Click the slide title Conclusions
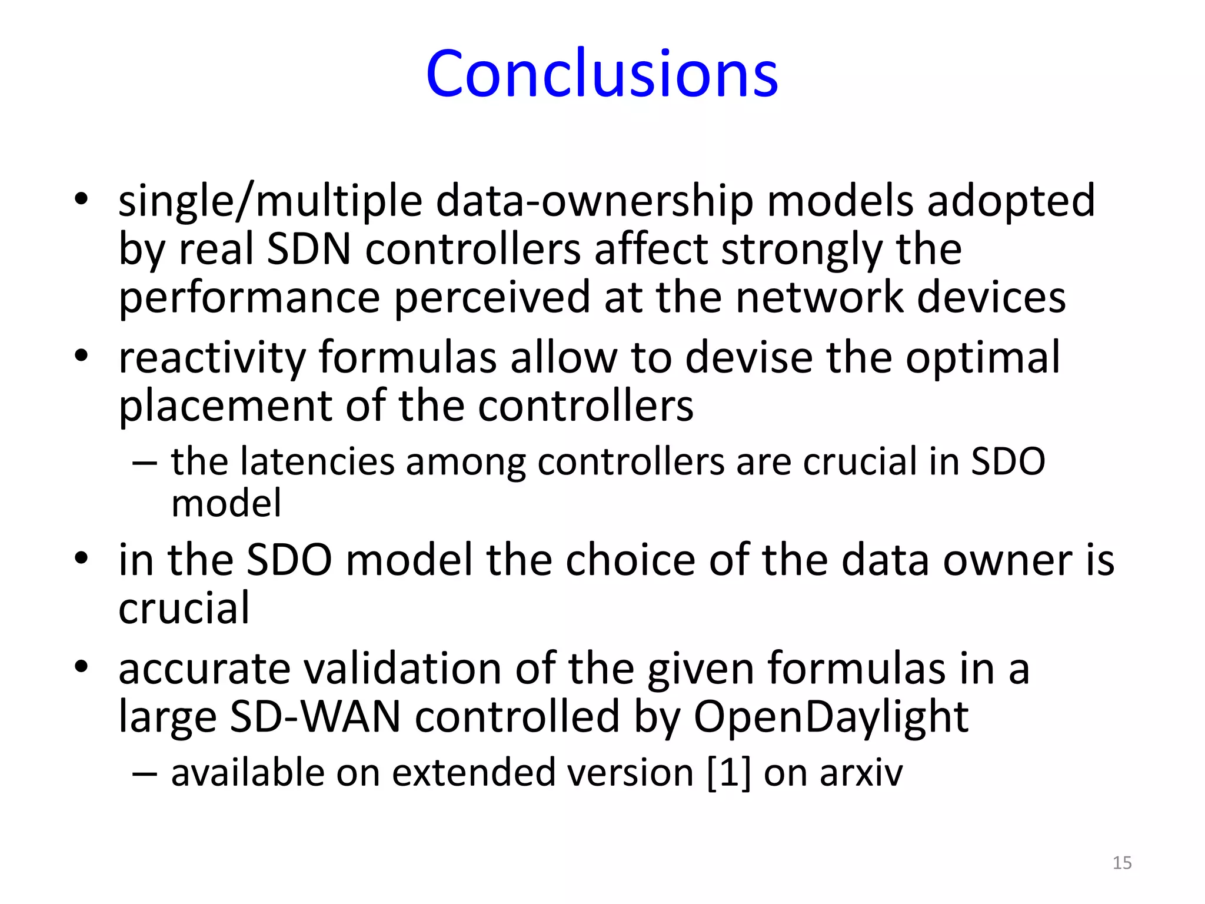click(602, 74)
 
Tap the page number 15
click(1122, 863)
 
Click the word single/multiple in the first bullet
click(270, 201)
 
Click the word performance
click(249, 298)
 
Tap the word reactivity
click(212, 358)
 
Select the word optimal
click(982, 358)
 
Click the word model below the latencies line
click(226, 504)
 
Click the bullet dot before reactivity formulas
click(81, 355)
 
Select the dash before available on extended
click(144, 773)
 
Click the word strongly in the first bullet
click(801, 250)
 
